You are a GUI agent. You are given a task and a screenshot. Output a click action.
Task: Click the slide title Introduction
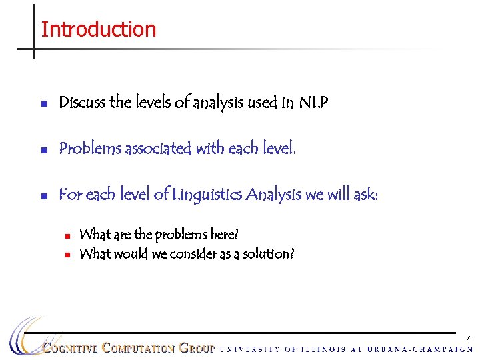tap(98, 29)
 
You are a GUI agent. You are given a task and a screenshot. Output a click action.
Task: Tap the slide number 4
tap(469, 339)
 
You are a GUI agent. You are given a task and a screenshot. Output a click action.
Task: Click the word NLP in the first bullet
tap(313, 103)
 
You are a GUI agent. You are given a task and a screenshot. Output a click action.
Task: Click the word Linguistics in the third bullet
tap(207, 194)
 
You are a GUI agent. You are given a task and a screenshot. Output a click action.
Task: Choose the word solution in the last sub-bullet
tap(269, 254)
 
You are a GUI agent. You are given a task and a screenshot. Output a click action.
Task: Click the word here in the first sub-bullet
tap(224, 235)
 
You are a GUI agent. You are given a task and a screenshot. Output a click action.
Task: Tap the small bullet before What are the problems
tap(68, 235)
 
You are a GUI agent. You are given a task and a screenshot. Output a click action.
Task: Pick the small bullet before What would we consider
tap(68, 255)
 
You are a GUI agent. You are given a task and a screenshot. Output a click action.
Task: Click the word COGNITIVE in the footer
tap(71, 348)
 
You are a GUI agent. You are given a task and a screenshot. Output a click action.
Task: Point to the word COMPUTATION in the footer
tap(139, 348)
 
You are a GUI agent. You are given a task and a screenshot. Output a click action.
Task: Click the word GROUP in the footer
tap(197, 348)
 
